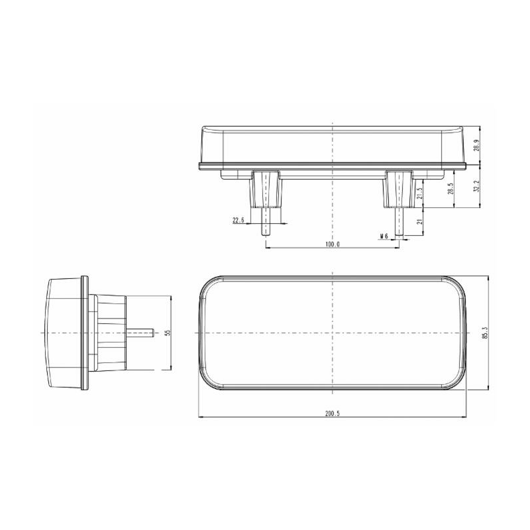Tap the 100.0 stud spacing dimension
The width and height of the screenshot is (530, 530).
[333, 244]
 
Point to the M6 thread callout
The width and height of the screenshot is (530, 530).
[384, 236]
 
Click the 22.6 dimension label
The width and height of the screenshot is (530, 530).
[239, 221]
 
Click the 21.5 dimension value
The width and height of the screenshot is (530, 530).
[419, 193]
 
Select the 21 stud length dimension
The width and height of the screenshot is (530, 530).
[419, 223]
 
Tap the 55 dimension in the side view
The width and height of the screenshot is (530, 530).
[168, 333]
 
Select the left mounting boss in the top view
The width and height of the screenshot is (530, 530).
[266, 189]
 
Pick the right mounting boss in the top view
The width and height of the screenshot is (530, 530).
[399, 189]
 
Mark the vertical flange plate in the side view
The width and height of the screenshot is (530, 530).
[84, 333]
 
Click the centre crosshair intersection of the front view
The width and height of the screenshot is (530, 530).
[333, 333]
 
